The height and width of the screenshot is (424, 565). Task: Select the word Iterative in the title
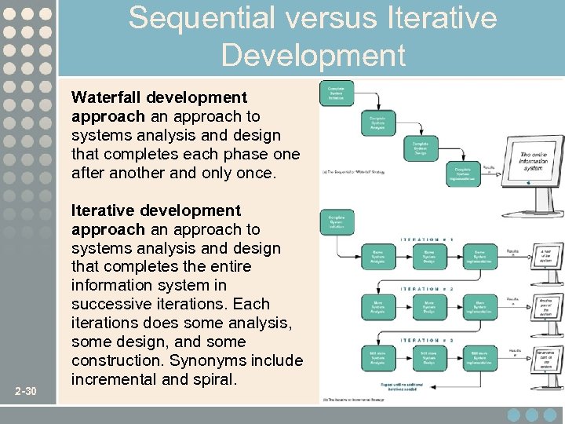[442, 17]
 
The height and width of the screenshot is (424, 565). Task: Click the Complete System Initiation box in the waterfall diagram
[336, 93]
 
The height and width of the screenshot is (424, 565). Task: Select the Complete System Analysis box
[378, 123]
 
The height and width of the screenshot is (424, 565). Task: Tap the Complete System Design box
[421, 148]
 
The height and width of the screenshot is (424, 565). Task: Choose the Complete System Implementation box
[463, 172]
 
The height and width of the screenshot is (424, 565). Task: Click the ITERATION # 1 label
[428, 239]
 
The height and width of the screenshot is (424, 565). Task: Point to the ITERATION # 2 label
[428, 290]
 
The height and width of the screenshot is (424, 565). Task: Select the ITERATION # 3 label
[428, 340]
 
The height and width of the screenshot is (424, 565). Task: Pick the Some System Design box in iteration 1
[428, 257]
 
